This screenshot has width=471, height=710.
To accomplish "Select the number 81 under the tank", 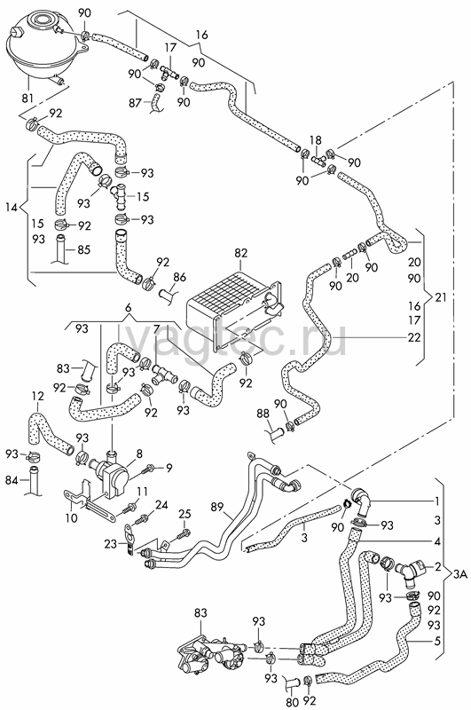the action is [27, 98].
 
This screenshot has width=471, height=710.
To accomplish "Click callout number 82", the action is [241, 253].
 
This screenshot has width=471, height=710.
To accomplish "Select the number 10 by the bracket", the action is [72, 517].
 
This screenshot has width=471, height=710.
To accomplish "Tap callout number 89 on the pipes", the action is [217, 506].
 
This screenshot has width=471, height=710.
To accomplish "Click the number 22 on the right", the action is [414, 338].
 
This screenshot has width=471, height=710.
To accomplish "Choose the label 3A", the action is [459, 574].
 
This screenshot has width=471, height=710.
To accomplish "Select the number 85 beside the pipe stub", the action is [83, 249].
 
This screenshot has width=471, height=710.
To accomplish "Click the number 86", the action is [180, 277].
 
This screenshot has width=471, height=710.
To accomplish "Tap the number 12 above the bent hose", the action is [38, 397].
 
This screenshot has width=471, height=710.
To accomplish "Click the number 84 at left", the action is [12, 479].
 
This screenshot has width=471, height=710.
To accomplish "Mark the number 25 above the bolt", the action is [184, 514].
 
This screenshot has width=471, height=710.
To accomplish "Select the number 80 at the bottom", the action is [293, 702].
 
